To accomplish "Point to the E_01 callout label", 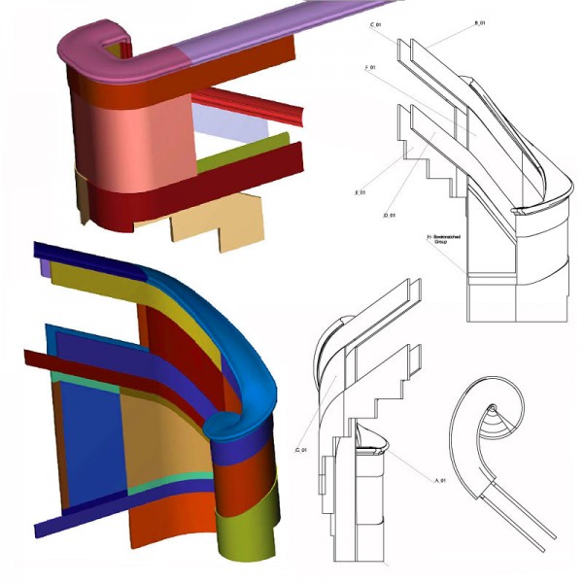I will click(360, 193).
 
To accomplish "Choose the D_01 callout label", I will click(390, 214).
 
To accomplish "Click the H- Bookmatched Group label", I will click(445, 240).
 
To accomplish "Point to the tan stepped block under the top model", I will click(209, 219).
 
